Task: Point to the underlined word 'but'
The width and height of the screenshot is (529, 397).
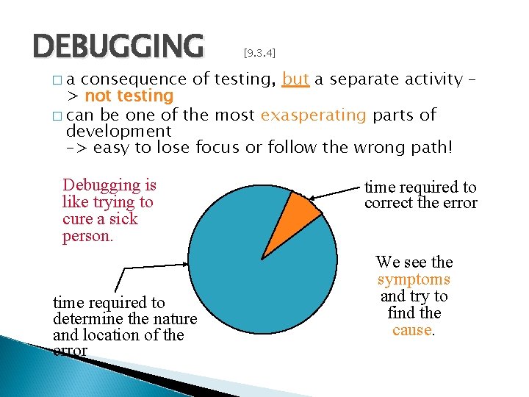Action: point(295,79)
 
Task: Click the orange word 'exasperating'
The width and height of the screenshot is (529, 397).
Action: point(313,115)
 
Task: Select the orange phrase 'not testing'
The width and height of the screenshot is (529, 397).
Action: point(129,96)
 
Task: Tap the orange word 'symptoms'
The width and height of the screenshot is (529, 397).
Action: point(414,279)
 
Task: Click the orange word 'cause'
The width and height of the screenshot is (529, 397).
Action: point(411,330)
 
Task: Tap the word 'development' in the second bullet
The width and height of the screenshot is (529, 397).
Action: point(118,132)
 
